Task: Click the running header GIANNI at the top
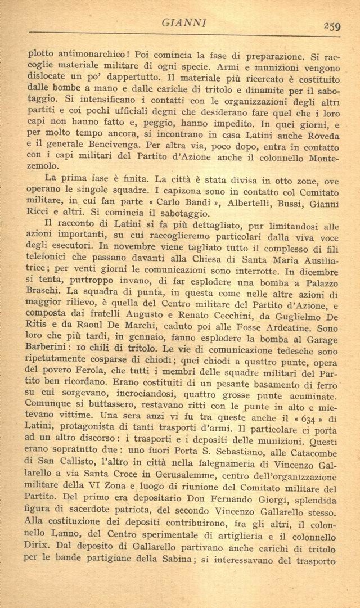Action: click(x=184, y=23)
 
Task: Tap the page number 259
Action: click(x=332, y=25)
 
